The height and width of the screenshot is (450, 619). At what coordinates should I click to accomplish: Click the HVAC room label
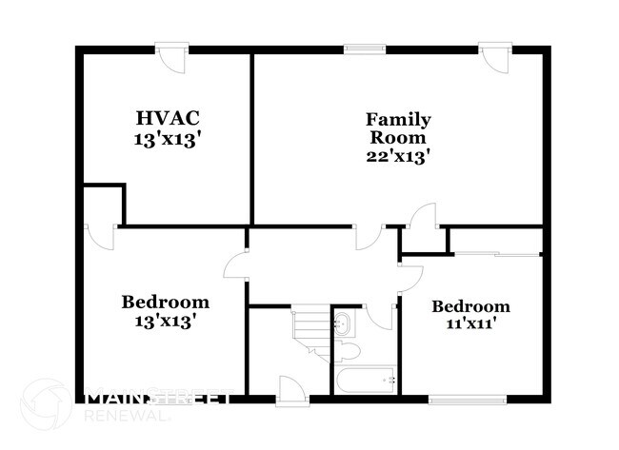pyautogui.click(x=167, y=118)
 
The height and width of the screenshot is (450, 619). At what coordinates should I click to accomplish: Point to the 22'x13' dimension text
pyautogui.click(x=398, y=156)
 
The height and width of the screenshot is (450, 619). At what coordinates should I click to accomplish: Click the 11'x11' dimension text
pyautogui.click(x=470, y=323)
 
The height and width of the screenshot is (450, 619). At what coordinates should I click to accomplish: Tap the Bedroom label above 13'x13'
pyautogui.click(x=165, y=303)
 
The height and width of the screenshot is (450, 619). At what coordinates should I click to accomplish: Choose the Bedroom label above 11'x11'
pyautogui.click(x=470, y=306)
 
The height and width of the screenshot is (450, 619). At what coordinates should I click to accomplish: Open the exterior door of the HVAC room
pyautogui.click(x=172, y=57)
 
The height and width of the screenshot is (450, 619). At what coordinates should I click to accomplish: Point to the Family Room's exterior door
pyautogui.click(x=495, y=57)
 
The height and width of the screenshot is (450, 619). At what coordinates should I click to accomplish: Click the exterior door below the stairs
pyautogui.click(x=290, y=389)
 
